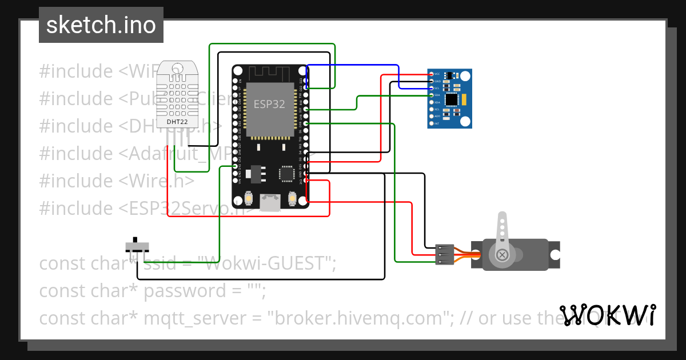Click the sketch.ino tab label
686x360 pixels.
click(101, 25)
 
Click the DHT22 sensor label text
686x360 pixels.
click(177, 122)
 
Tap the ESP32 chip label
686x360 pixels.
click(269, 105)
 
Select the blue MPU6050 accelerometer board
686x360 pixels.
click(450, 98)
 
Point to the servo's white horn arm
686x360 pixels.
click(502, 229)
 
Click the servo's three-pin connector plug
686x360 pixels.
click(445, 255)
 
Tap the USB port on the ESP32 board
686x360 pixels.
click(270, 202)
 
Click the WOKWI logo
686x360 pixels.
click(607, 315)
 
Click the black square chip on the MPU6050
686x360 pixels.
click(452, 99)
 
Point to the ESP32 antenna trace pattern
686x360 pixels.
click(269, 73)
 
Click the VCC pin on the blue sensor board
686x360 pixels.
click(430, 74)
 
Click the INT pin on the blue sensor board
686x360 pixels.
click(430, 123)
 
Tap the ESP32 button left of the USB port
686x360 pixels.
click(249, 199)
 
